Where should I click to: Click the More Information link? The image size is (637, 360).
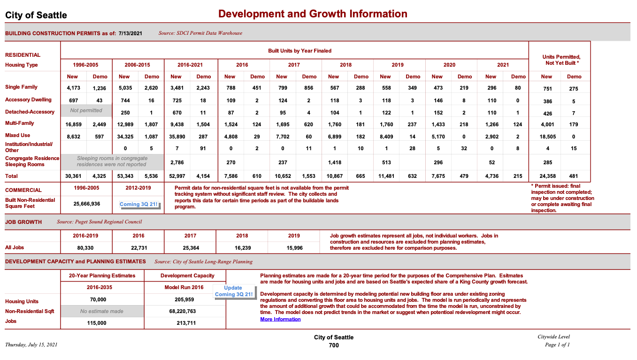pyautogui.click(x=280, y=319)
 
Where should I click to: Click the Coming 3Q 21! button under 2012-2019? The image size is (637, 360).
pyautogui.click(x=138, y=205)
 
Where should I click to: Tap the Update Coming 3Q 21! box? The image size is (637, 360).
pyautogui.click(x=233, y=291)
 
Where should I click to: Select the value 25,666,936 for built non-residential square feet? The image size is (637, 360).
pyautogui.click(x=86, y=204)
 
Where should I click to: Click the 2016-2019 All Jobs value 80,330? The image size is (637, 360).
pyautogui.click(x=86, y=247)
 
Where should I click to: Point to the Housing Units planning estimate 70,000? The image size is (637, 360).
pyautogui.click(x=98, y=299)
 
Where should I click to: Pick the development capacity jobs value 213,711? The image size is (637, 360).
pyautogui.click(x=184, y=323)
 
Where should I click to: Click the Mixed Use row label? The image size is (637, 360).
pyautogui.click(x=18, y=135)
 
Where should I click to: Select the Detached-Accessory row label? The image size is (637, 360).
pyautogui.click(x=30, y=112)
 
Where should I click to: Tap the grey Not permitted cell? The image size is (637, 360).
pyautogui.click(x=86, y=111)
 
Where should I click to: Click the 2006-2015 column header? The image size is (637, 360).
pyautogui.click(x=138, y=65)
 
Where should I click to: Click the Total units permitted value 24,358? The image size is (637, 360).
pyautogui.click(x=547, y=176)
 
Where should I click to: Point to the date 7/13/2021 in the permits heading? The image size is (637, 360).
pyautogui.click(x=130, y=33)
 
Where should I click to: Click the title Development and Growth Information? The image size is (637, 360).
pyautogui.click(x=313, y=14)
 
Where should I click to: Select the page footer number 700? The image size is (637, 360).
pyautogui.click(x=333, y=345)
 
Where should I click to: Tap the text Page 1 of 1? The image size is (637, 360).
pyautogui.click(x=557, y=345)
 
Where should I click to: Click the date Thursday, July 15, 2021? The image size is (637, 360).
pyautogui.click(x=31, y=345)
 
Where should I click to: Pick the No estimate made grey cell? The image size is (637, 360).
pyautogui.click(x=102, y=311)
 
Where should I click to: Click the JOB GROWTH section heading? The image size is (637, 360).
pyautogui.click(x=23, y=222)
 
